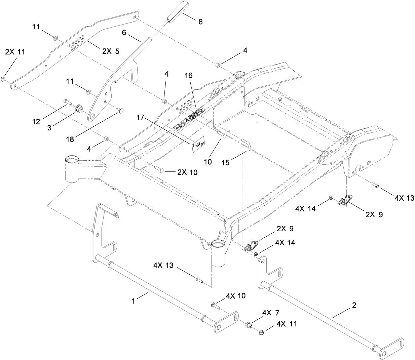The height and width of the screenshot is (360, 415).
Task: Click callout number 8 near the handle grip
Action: [200, 22]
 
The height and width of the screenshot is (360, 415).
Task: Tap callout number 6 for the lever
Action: [124, 32]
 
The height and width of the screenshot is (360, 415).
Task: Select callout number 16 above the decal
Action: [188, 76]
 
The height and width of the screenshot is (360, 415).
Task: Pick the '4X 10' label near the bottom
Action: [235, 296]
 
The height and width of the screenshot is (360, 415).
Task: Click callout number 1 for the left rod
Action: [133, 301]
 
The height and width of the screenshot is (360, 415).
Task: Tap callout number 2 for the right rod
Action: [354, 306]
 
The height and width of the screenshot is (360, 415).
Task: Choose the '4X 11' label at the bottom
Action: [287, 324]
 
